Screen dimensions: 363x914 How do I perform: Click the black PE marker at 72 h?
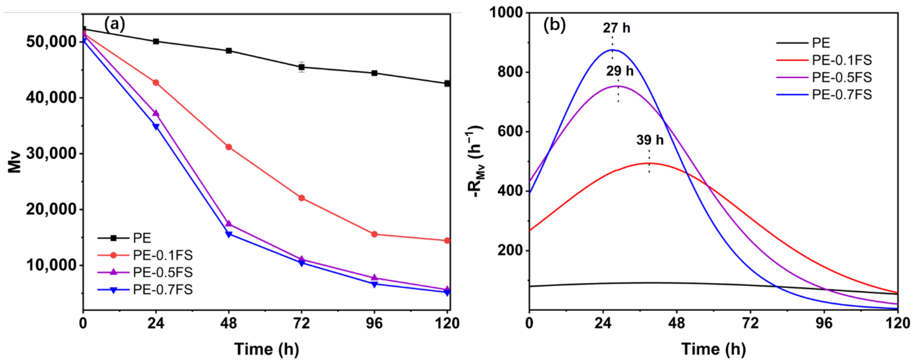(x=302, y=67)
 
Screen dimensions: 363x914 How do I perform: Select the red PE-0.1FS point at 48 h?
(x=229, y=147)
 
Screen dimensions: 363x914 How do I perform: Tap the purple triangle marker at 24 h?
(x=156, y=113)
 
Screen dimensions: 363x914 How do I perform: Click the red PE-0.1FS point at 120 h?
(x=447, y=240)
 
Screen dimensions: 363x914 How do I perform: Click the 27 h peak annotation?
(x=616, y=28)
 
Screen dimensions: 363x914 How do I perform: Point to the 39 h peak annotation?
(x=650, y=140)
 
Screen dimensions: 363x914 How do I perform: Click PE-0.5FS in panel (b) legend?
(x=842, y=77)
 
